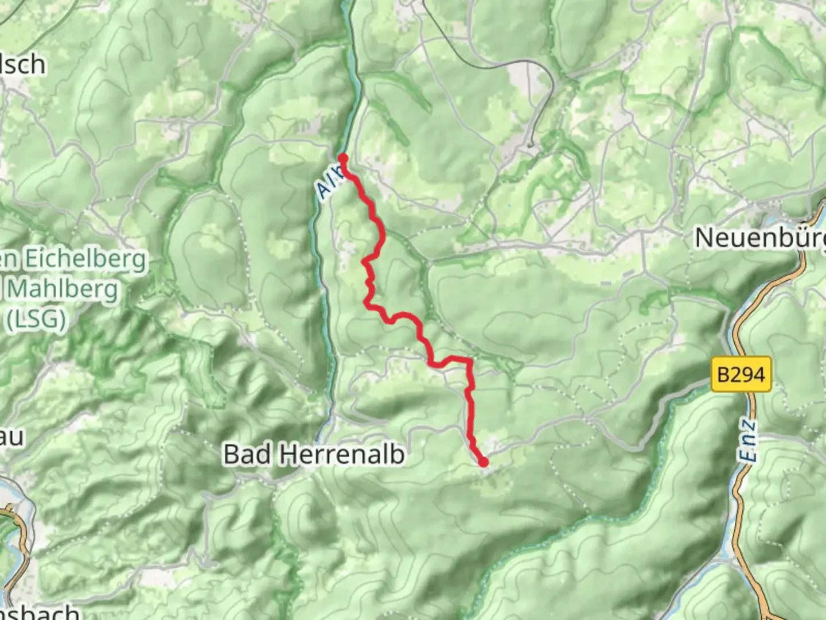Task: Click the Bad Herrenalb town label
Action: (314, 455)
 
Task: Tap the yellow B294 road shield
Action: (741, 375)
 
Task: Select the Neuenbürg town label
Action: (760, 238)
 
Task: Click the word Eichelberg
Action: (86, 260)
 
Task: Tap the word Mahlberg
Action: (63, 289)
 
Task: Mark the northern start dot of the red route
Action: (343, 158)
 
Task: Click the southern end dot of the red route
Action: (484, 462)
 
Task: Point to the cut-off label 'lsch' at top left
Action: (23, 64)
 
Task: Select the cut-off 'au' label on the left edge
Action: (11, 437)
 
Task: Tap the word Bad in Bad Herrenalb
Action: (240, 455)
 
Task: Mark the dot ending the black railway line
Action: (531, 145)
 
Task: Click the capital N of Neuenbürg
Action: (705, 238)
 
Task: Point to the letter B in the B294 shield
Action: (723, 375)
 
